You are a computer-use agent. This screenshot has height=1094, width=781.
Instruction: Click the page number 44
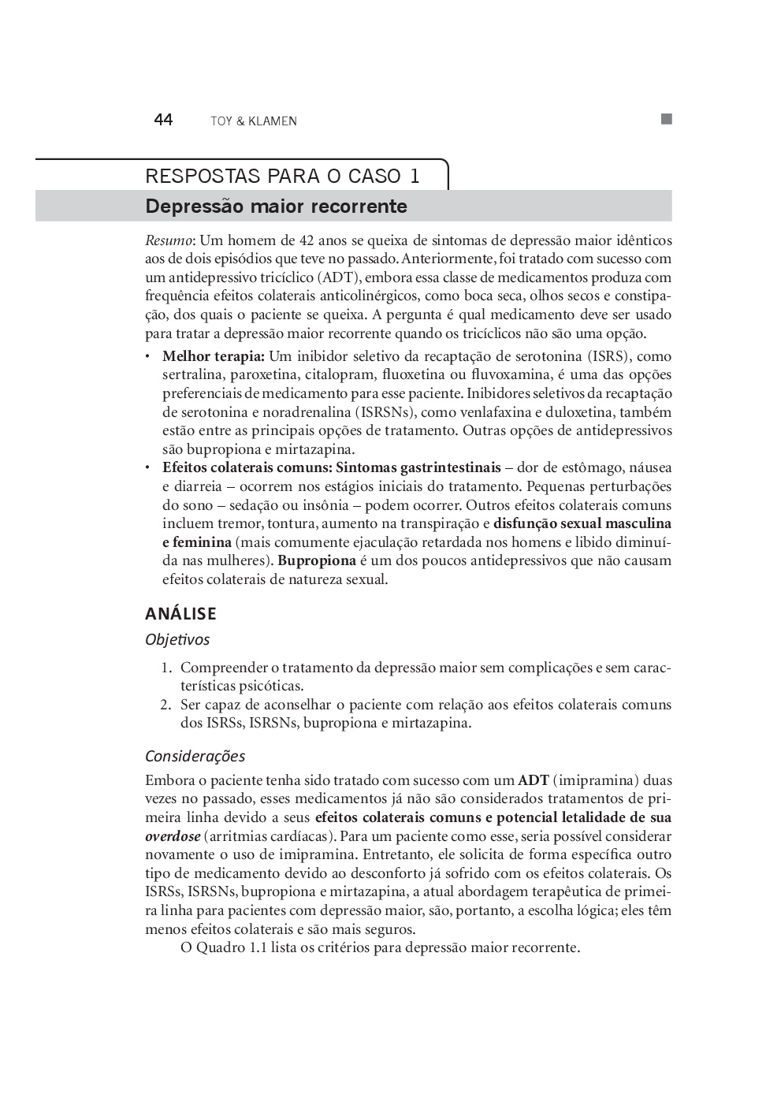(x=163, y=120)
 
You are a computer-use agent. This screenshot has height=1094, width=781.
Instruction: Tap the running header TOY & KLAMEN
(x=253, y=121)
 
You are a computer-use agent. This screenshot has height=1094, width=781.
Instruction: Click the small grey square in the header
(x=666, y=119)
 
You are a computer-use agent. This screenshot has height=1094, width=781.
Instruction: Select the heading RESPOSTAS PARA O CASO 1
(x=282, y=176)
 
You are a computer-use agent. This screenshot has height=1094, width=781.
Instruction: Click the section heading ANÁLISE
(x=180, y=613)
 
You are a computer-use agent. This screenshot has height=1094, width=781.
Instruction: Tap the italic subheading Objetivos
(x=177, y=640)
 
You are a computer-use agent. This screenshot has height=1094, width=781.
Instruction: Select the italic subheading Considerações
(x=195, y=756)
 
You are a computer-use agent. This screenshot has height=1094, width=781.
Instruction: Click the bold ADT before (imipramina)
(x=533, y=781)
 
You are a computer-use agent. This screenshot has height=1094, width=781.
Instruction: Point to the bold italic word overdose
(x=172, y=836)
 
